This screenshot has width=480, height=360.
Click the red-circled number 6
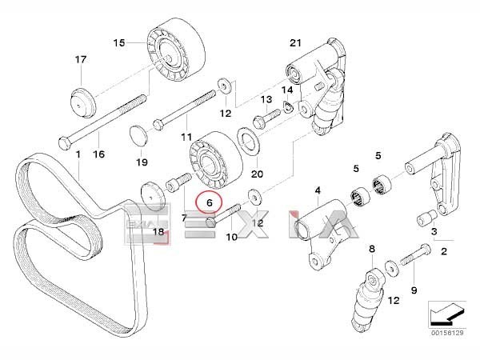tap(210, 203)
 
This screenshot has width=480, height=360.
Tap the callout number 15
tap(119, 42)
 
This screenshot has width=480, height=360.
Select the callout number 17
tap(80, 59)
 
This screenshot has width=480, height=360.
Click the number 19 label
tap(142, 162)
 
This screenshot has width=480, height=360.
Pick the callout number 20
tap(257, 173)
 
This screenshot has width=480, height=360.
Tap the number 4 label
tap(317, 190)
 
